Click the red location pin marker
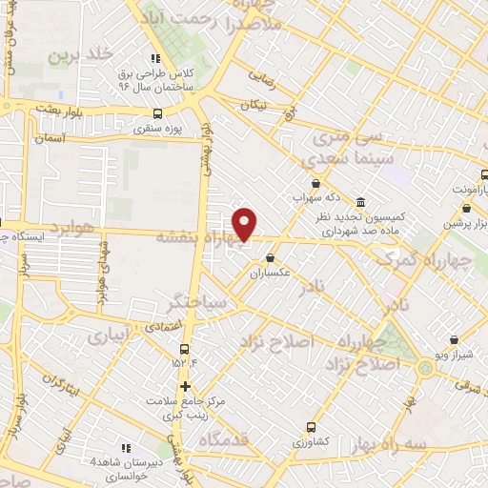pyautogui.click(x=246, y=223)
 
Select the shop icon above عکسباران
pyautogui.click(x=271, y=257)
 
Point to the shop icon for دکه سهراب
pyautogui.click(x=315, y=184)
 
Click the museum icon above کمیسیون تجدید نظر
pyautogui.click(x=359, y=203)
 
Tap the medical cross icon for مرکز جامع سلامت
pyautogui.click(x=185, y=386)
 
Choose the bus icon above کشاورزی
pyautogui.click(x=311, y=427)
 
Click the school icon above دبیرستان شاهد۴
pyautogui.click(x=126, y=448)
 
